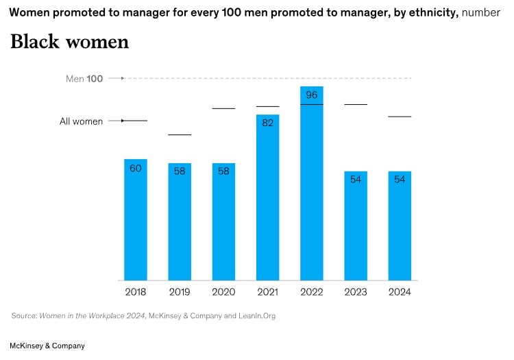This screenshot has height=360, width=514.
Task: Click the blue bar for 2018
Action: click(x=136, y=219)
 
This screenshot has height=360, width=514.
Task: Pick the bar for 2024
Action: click(x=400, y=226)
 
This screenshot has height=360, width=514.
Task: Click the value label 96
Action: click(x=312, y=95)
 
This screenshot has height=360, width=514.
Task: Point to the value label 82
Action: click(x=267, y=123)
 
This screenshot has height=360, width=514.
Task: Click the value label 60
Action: click(x=136, y=168)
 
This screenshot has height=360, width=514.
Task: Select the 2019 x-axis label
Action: click(x=180, y=292)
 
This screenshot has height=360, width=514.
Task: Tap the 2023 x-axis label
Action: click(x=356, y=292)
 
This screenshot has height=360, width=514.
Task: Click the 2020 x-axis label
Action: click(x=223, y=292)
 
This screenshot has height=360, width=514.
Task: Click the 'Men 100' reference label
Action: click(x=84, y=79)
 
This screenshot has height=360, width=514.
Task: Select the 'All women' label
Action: click(x=81, y=121)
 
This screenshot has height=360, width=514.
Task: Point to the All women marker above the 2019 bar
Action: click(x=180, y=134)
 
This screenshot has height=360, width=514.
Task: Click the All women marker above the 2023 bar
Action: click(x=356, y=104)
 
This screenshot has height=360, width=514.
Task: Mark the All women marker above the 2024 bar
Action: click(x=400, y=117)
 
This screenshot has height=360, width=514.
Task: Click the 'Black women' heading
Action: click(x=69, y=42)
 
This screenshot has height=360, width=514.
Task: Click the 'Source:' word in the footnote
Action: click(x=24, y=316)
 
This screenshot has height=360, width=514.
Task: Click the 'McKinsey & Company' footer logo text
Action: click(x=47, y=346)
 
